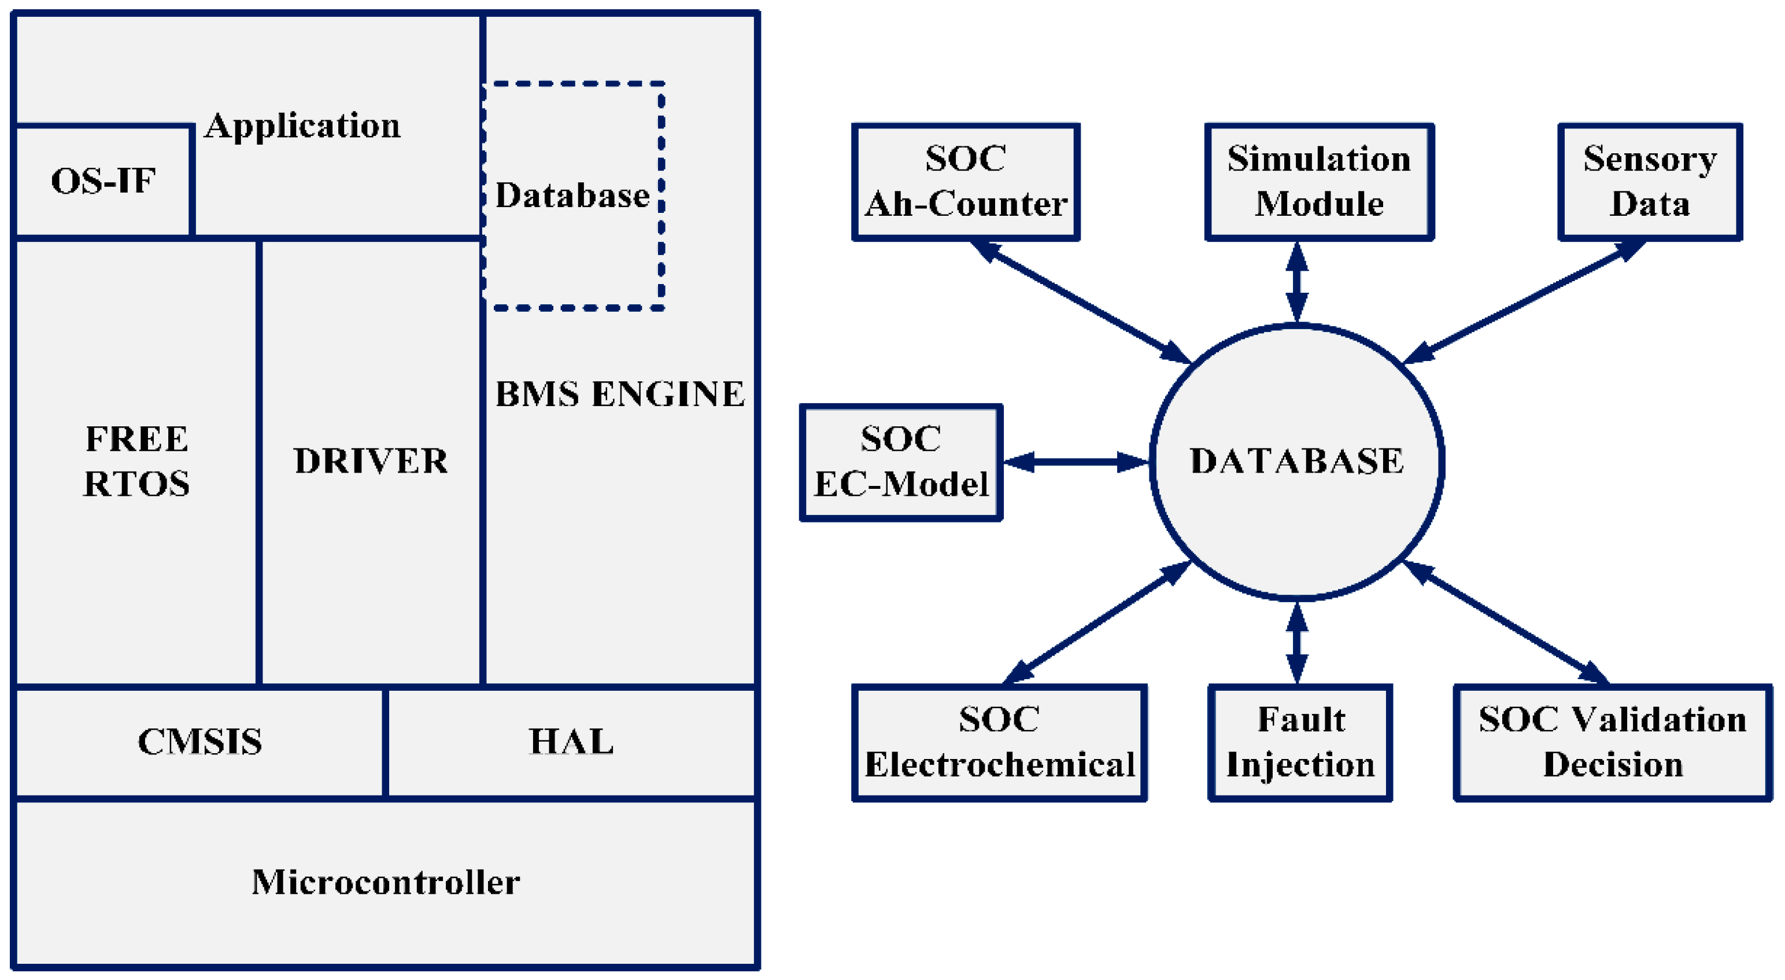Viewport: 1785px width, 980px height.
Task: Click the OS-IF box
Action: [104, 182]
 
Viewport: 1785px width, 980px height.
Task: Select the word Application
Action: [303, 126]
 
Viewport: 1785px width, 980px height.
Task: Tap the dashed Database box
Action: [572, 196]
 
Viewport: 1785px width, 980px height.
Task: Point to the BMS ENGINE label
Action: [619, 393]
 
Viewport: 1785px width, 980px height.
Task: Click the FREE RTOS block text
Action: [136, 461]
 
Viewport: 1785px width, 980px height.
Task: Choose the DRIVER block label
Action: [371, 461]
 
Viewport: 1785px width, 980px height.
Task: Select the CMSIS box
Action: [199, 742]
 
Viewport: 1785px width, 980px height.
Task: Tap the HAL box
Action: [571, 742]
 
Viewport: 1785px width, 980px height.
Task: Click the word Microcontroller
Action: [385, 882]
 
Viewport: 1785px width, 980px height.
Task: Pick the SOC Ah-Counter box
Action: [965, 182]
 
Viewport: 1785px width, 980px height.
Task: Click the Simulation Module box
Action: [1318, 182]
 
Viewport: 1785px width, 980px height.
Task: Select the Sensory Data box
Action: [1649, 182]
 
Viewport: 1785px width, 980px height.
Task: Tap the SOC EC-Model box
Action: [900, 462]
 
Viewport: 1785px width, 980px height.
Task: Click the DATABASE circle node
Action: [1296, 462]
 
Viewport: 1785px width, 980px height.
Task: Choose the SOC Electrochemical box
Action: [999, 742]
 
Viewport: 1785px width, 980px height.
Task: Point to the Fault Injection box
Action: [1300, 742]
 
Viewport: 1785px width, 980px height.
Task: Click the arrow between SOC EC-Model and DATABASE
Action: [1076, 462]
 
